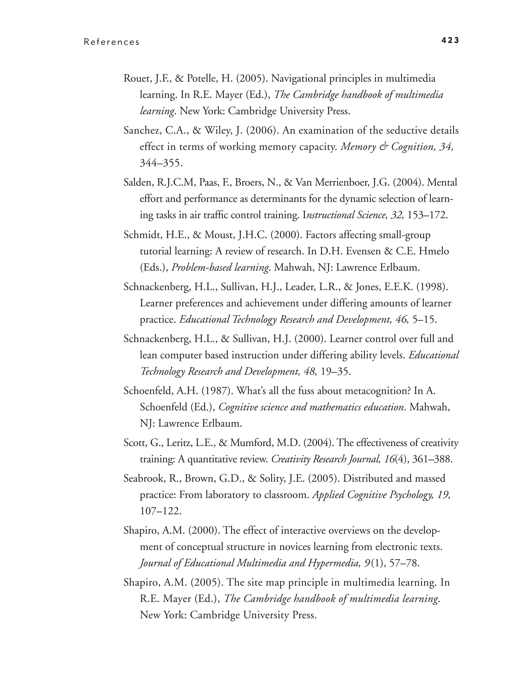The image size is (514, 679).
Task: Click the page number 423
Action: tap(450, 40)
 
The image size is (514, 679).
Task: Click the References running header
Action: tap(112, 42)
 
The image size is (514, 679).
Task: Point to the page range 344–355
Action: tap(161, 163)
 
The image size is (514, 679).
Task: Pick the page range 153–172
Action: tap(427, 215)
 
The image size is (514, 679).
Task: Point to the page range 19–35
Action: tap(335, 371)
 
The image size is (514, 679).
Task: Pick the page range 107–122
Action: tap(161, 511)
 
